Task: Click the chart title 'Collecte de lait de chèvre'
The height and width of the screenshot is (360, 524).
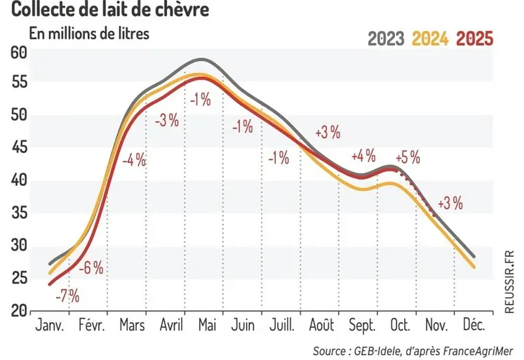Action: point(109,11)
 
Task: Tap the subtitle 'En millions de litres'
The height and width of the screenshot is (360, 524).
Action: point(88,33)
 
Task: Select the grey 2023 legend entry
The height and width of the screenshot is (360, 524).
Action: point(386,38)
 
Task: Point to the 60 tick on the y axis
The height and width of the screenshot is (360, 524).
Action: point(19,53)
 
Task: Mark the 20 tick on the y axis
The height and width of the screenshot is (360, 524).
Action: point(19,310)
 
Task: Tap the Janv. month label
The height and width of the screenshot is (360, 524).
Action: point(49,326)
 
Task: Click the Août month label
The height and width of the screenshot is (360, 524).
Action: point(322,326)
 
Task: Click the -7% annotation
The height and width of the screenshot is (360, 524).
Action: point(67,295)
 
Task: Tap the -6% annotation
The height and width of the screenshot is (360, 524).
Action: point(91,267)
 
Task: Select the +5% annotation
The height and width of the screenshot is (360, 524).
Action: point(408,158)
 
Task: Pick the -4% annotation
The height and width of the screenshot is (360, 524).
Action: point(133,160)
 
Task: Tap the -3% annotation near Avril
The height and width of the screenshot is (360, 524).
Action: point(167,121)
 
